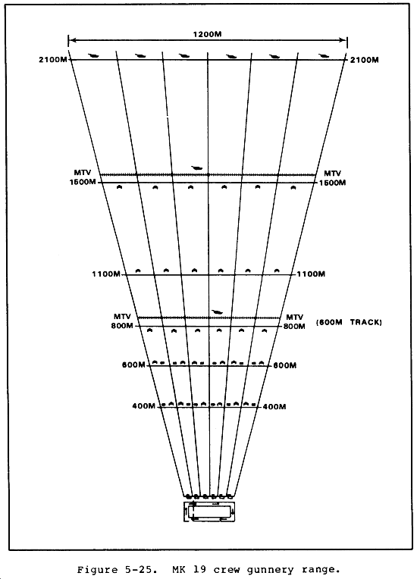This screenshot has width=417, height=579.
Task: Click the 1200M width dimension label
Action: coord(207,34)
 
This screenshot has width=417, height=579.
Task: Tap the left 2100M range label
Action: coord(53,59)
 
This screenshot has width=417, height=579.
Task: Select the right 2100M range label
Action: coord(364,60)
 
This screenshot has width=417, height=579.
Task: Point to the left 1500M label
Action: coord(83,182)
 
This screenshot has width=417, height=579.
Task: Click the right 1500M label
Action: coord(332,183)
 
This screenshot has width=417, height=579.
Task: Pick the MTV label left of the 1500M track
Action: coord(83,173)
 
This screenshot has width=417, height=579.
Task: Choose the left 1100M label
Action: coord(106,274)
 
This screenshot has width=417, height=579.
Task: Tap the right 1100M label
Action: coord(311,274)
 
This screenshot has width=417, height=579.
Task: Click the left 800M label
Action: coord(122,326)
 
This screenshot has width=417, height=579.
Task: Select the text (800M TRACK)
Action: coord(349,322)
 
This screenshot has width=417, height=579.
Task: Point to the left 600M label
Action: coord(133,365)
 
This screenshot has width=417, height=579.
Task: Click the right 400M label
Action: coord(274,406)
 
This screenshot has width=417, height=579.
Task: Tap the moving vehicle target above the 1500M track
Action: coord(197,168)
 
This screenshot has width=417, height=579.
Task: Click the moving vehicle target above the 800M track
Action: coord(217,312)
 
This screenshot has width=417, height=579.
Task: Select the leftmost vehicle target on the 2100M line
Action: coord(93,56)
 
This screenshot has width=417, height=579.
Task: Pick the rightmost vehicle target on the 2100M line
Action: coord(324,56)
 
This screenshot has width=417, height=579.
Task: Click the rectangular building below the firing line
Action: coord(209,512)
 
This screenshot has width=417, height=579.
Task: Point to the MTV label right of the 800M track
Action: coord(294,318)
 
